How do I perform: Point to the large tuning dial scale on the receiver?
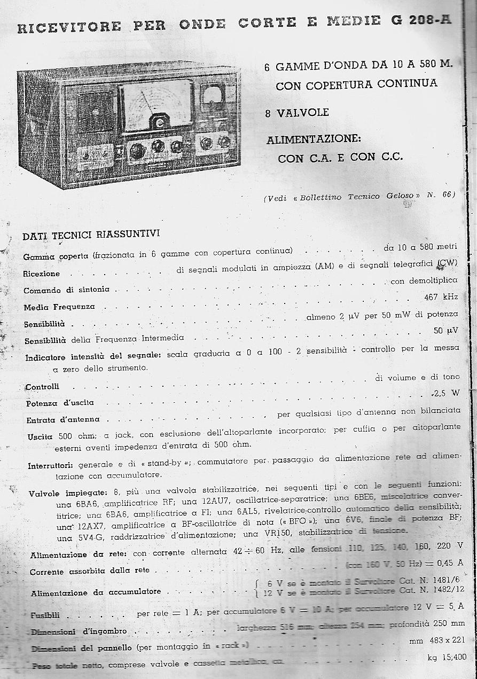156,105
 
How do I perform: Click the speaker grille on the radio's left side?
96,112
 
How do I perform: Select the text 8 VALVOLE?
297,113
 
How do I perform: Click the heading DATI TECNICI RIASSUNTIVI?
91,235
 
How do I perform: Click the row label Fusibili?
45,615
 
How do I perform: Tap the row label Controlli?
42,386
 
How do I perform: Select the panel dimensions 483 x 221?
443,641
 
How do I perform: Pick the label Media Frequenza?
59,307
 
